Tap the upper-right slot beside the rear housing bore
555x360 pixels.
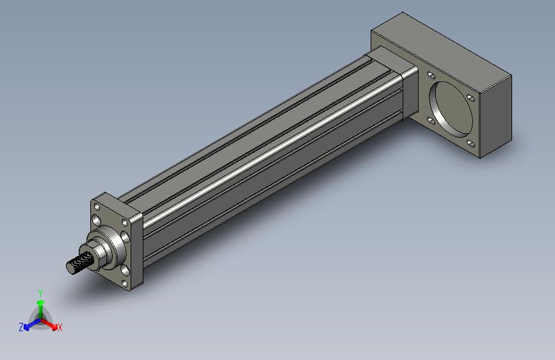point(471,98)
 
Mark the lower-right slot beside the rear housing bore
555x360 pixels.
point(471,143)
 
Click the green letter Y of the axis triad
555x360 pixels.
point(40,292)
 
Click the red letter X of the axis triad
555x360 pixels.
point(60,328)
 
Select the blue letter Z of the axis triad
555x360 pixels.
point(21,327)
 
